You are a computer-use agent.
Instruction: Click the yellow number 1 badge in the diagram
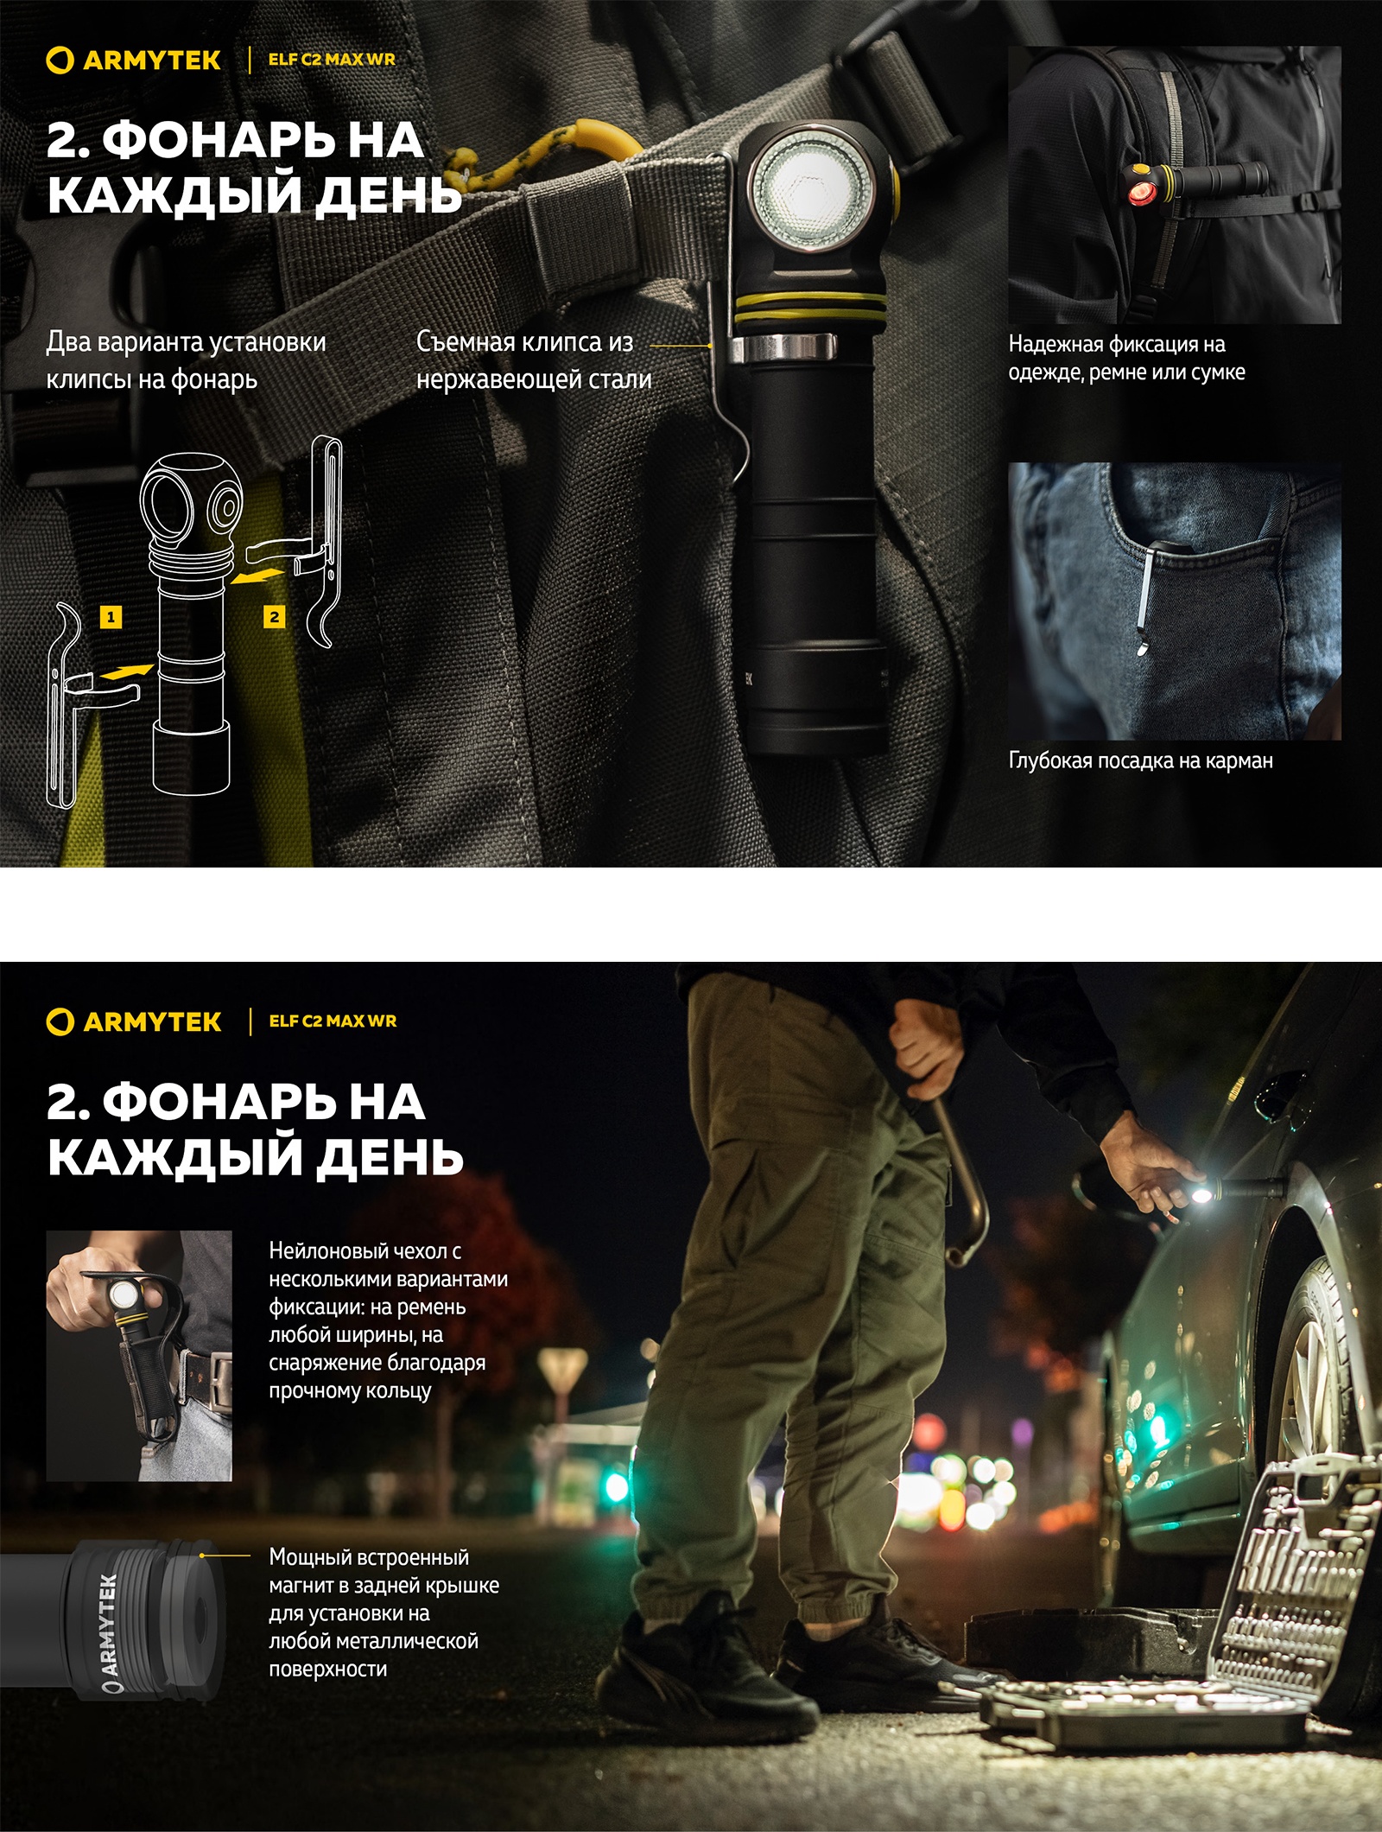pos(111,617)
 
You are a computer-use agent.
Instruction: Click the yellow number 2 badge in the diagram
pos(274,617)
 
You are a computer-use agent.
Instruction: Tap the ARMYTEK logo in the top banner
pos(134,60)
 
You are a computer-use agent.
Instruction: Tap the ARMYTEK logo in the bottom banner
pos(134,1021)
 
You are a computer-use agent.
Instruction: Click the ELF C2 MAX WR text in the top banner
pos(332,60)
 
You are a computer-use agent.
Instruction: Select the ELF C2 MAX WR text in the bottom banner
pos(333,1021)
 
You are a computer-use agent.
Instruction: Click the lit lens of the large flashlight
pos(808,186)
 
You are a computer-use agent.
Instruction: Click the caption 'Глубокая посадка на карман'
pos(1140,760)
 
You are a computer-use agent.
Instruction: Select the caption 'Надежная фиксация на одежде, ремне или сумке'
pos(1126,358)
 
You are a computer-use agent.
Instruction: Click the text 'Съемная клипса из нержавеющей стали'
pos(533,359)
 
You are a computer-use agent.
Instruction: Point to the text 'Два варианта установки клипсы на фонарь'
pos(186,359)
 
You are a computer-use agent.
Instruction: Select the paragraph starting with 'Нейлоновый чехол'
pos(388,1320)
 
